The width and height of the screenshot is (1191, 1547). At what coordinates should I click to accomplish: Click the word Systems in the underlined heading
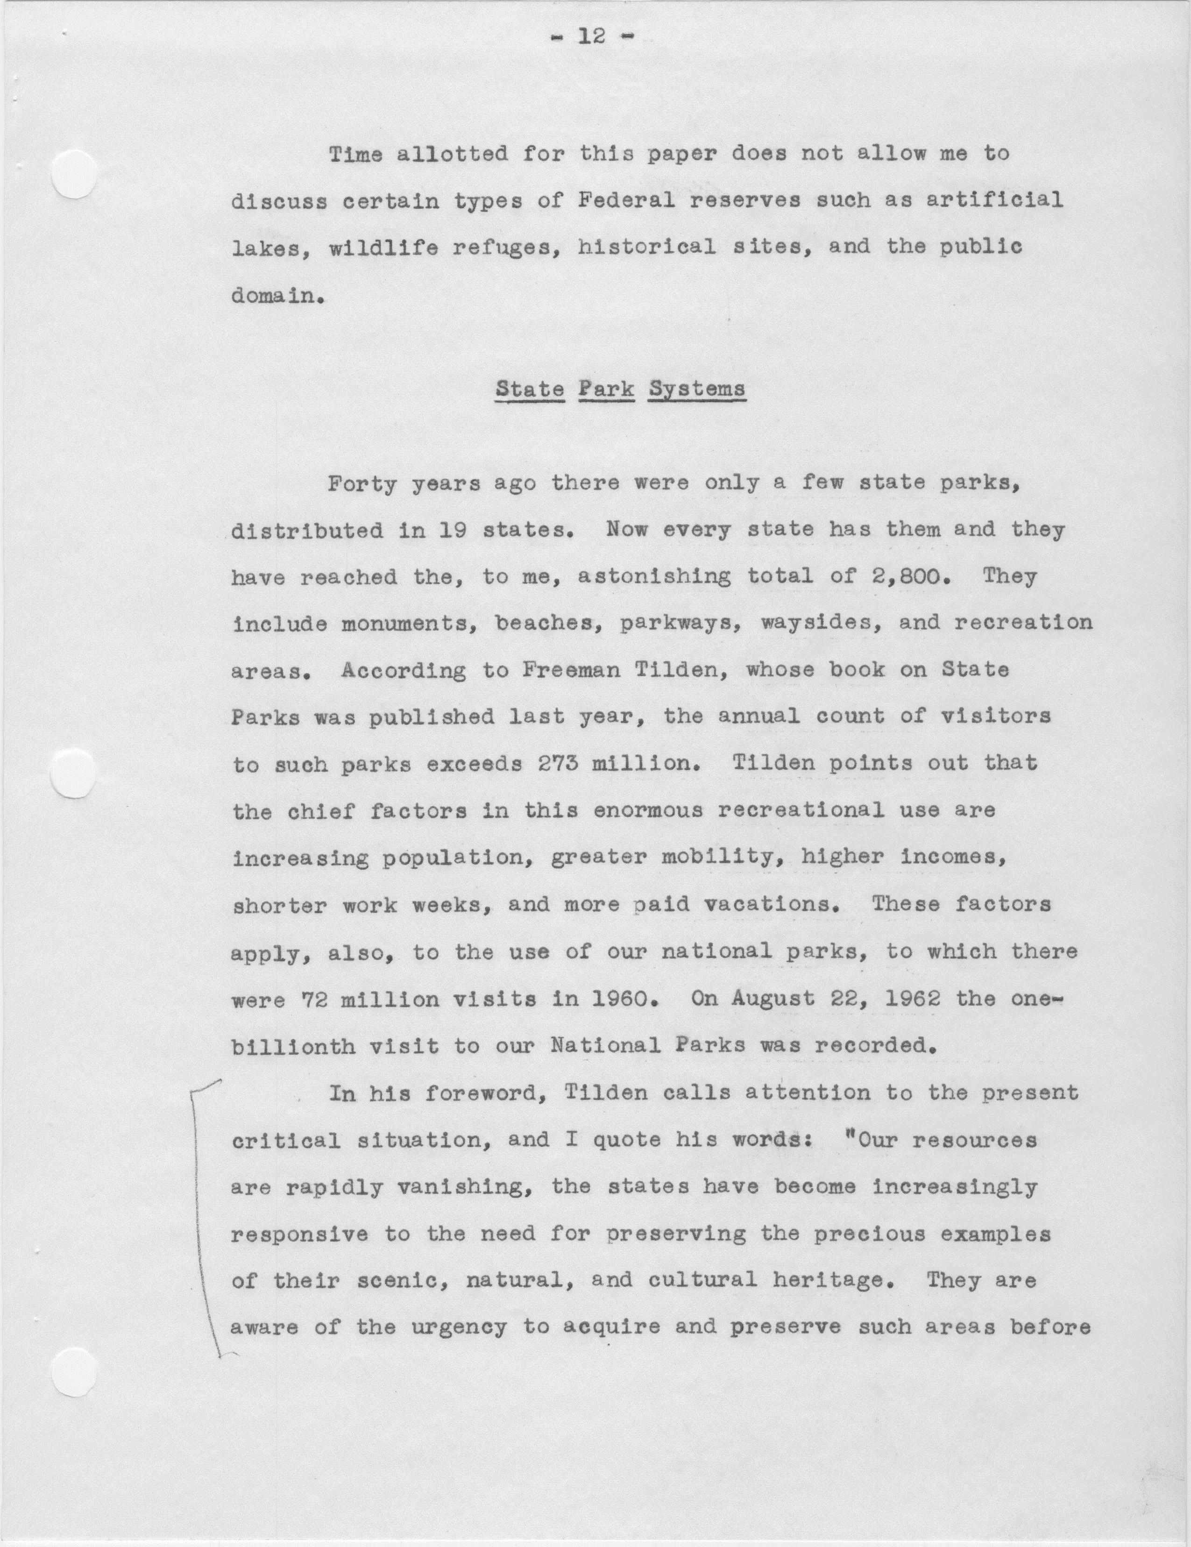697,389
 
